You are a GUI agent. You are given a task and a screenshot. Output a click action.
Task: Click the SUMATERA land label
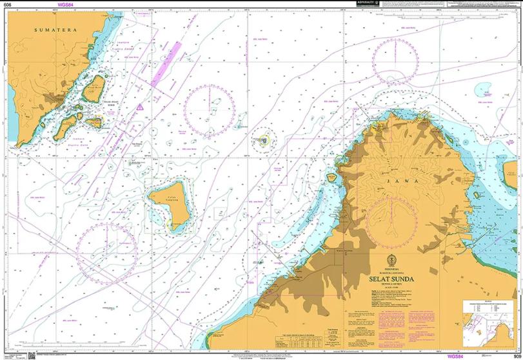(55, 30)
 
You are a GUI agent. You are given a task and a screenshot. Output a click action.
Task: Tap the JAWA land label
(408, 182)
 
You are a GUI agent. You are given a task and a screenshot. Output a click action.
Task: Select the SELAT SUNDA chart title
(391, 279)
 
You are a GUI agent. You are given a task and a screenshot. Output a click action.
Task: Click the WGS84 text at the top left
(66, 5)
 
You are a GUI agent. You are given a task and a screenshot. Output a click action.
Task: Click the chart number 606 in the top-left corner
(7, 5)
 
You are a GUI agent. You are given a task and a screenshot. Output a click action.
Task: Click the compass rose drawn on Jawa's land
(391, 221)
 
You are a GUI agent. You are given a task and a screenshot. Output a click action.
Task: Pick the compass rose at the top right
(396, 61)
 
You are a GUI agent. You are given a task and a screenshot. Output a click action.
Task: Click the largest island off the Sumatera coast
(94, 88)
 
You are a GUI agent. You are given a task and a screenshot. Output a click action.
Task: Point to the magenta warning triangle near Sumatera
(140, 107)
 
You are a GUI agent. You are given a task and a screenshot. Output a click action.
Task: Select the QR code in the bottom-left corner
(32, 355)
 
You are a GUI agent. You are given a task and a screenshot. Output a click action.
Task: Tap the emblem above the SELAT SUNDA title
(389, 260)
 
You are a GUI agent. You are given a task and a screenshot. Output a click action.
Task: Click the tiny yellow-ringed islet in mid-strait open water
(264, 139)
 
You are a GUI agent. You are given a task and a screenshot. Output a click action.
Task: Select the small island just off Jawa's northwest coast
(331, 177)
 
